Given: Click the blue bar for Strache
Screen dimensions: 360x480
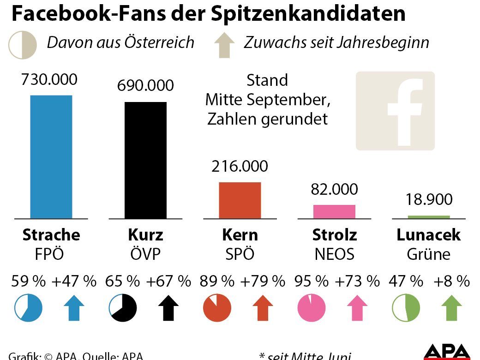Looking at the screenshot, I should (51, 156).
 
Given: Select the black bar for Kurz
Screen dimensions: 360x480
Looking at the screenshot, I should (145, 160).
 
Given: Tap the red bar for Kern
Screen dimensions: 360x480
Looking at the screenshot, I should (240, 200).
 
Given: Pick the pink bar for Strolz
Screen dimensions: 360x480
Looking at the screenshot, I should (334, 211).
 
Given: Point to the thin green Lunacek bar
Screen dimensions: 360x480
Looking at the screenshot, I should (428, 216).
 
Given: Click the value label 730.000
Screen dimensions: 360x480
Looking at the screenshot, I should (49, 79).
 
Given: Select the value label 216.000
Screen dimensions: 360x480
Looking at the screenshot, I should (240, 166).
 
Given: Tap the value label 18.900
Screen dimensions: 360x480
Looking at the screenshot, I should (429, 199).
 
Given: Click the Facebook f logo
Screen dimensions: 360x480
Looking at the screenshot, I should (395, 111).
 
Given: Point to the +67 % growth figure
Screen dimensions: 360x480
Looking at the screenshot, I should (168, 281).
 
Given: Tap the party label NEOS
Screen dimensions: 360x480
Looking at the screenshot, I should (334, 254).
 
